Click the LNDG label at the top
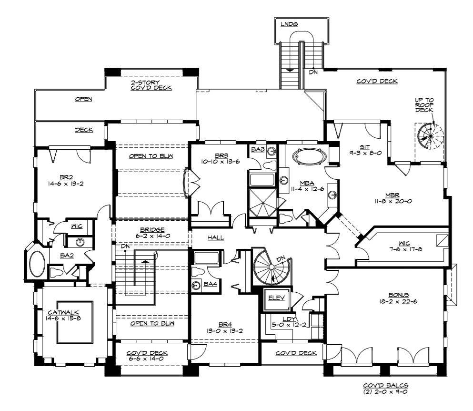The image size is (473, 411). coord(289,24)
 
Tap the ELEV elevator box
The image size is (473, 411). coord(277,299)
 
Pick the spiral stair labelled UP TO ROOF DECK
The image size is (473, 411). coord(431,136)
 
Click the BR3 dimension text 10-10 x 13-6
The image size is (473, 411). coord(221,162)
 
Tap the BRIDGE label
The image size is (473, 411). coord(152,230)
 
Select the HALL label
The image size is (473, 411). coord(216,238)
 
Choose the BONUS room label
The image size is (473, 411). coord(399,295)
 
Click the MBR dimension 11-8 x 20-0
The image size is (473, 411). coord(393,201)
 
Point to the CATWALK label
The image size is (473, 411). coord(63,313)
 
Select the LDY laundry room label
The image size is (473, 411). coord(289,319)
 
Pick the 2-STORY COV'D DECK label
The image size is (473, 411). coord(151,85)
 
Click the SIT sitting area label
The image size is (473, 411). coord(365,147)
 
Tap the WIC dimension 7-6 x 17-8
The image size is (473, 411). coord(405,249)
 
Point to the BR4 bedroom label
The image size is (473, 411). coord(225,325)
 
